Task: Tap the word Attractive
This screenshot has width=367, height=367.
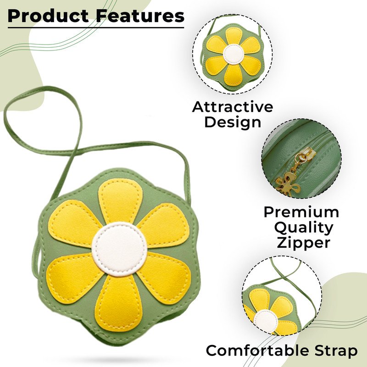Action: coord(233,107)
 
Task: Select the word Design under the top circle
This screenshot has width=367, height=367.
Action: coord(233,122)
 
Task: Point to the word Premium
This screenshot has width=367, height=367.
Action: coord(301,212)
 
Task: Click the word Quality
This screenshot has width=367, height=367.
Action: coord(304,228)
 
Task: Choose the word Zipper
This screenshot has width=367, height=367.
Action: coord(304,243)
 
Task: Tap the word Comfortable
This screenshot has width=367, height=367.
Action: coord(257,350)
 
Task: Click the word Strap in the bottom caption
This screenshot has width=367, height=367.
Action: coord(336,351)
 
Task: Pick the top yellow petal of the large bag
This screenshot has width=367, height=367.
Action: coord(120,201)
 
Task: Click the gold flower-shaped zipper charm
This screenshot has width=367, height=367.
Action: coord(288,185)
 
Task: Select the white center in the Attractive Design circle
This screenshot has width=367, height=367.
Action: coord(234,54)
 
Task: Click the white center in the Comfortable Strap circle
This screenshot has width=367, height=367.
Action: coord(266,321)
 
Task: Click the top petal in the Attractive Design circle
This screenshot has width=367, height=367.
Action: coord(234,37)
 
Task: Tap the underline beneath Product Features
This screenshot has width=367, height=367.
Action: coord(96,28)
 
